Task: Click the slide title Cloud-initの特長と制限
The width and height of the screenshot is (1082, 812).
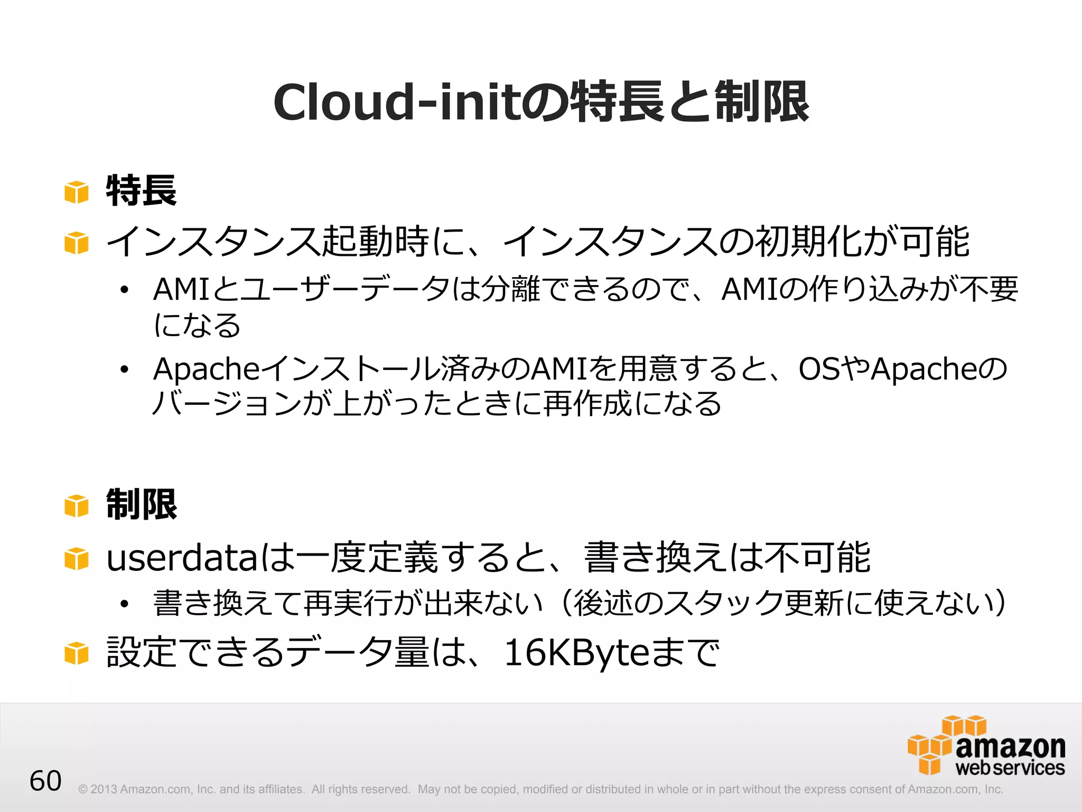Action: (x=541, y=102)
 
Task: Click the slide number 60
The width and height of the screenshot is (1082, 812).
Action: (x=45, y=781)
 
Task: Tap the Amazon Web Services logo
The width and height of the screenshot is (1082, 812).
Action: (x=986, y=746)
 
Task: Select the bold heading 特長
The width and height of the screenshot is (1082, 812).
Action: (x=141, y=191)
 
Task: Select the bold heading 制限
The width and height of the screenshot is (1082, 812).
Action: (x=141, y=505)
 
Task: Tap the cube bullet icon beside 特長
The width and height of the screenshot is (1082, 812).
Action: (x=77, y=192)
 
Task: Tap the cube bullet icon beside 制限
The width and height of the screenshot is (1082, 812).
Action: (x=77, y=506)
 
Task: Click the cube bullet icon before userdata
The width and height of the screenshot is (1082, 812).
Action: (x=77, y=559)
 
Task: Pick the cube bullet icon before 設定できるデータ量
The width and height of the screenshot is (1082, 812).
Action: (x=77, y=653)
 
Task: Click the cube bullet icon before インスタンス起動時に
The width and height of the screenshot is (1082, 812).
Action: (x=77, y=243)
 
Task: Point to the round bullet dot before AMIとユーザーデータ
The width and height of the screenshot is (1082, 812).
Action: (x=124, y=290)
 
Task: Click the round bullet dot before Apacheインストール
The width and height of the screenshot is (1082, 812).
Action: (x=124, y=370)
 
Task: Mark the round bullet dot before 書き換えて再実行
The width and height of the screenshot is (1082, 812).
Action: (x=124, y=604)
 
